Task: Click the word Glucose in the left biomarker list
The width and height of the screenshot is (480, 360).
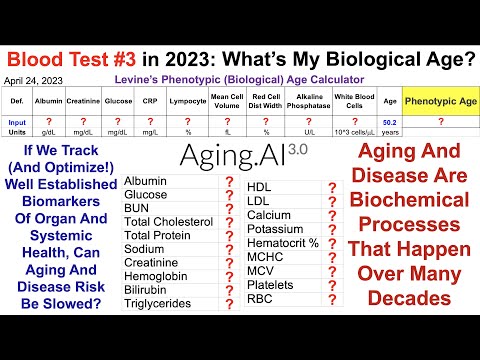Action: click(x=146, y=194)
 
